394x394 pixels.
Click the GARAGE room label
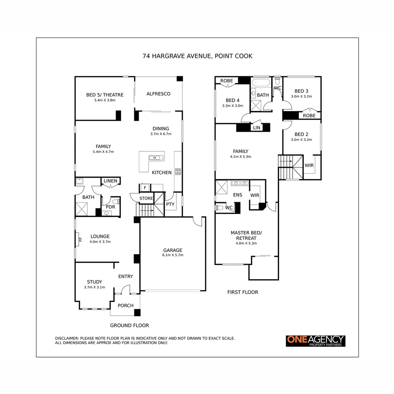[x=173, y=250]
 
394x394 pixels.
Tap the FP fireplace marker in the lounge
[x=80, y=240]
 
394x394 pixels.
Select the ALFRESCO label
[x=158, y=94]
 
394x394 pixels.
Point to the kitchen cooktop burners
[x=178, y=171]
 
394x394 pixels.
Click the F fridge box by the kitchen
[x=145, y=188]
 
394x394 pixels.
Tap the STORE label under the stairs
[x=146, y=198]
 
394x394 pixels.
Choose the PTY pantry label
[x=170, y=204]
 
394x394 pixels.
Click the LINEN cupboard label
[x=110, y=181]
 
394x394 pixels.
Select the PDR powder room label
[x=110, y=206]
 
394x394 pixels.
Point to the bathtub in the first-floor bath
[x=261, y=82]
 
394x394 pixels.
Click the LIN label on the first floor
[x=256, y=128]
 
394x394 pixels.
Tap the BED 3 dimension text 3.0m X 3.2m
[x=301, y=97]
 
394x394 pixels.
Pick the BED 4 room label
[x=233, y=100]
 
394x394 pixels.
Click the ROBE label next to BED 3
[x=309, y=115]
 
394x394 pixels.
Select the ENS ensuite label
[x=237, y=195]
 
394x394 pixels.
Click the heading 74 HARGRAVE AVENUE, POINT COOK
[x=197, y=56]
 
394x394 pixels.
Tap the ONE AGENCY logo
[x=315, y=341]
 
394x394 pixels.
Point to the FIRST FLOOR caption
[x=243, y=292]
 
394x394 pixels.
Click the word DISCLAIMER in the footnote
[x=66, y=338]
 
